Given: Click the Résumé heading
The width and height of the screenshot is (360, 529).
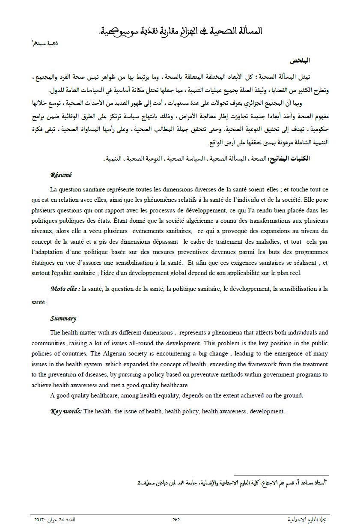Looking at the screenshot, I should (x=61, y=175).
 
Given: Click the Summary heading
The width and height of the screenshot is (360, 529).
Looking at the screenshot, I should (x=63, y=318).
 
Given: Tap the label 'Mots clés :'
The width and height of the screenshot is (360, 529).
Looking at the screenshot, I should (x=65, y=289).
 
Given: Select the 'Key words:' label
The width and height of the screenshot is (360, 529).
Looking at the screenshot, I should (x=66, y=411).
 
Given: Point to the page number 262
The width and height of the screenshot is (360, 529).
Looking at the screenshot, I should (x=176, y=520).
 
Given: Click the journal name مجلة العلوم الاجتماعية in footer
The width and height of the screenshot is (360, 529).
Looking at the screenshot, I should (x=309, y=520).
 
